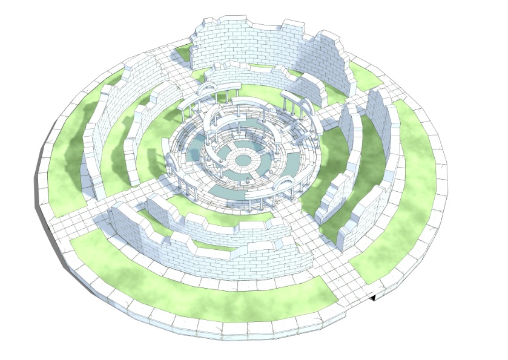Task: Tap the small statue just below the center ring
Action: click(x=248, y=180)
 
